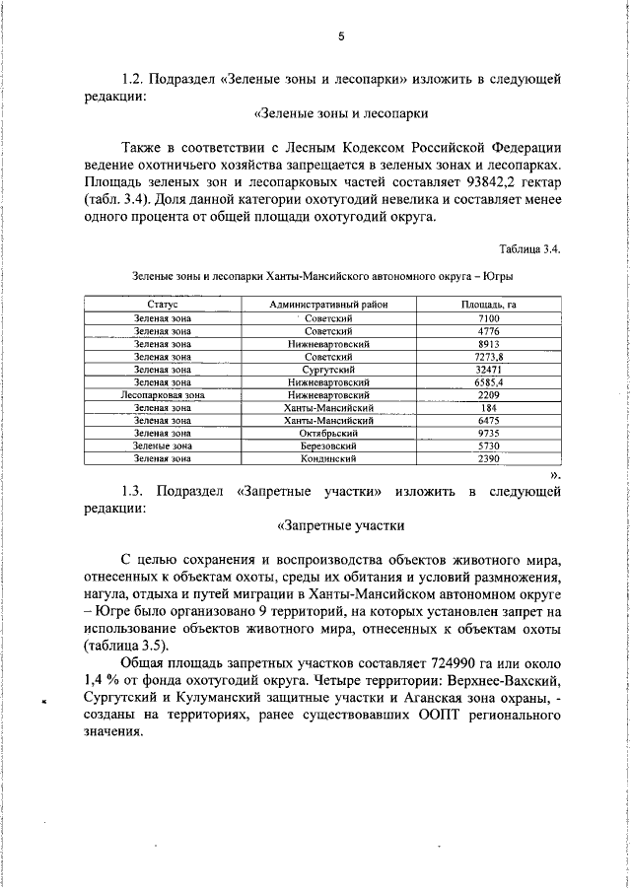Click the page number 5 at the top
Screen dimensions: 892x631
coord(341,36)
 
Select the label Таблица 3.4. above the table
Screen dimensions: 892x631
coord(530,249)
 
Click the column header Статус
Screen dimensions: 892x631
coord(163,306)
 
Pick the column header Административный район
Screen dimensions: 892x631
coord(329,306)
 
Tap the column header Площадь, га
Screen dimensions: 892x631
coord(489,306)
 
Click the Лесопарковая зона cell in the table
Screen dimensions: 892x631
coord(163,394)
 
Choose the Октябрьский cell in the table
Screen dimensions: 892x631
coord(329,433)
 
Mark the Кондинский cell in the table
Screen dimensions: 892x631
coord(329,458)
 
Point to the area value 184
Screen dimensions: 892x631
coord(489,407)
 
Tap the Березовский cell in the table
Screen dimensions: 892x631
coord(329,446)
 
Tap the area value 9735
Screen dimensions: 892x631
coord(489,433)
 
